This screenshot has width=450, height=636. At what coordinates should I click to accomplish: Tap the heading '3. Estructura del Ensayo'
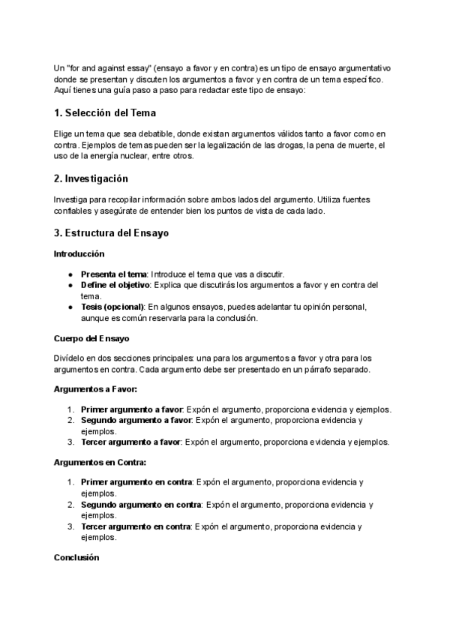[112, 232]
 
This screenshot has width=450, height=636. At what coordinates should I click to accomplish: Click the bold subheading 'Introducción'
[79, 253]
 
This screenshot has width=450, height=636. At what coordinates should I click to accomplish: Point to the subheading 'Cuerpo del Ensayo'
[91, 338]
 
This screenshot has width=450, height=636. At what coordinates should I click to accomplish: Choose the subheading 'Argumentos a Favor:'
[95, 389]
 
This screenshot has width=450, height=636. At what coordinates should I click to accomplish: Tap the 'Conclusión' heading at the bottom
[76, 558]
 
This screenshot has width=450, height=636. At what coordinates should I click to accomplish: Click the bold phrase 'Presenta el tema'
[113, 274]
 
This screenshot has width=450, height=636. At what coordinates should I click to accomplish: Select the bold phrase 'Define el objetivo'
[116, 285]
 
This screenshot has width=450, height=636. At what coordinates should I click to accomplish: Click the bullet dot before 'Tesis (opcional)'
[70, 307]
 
